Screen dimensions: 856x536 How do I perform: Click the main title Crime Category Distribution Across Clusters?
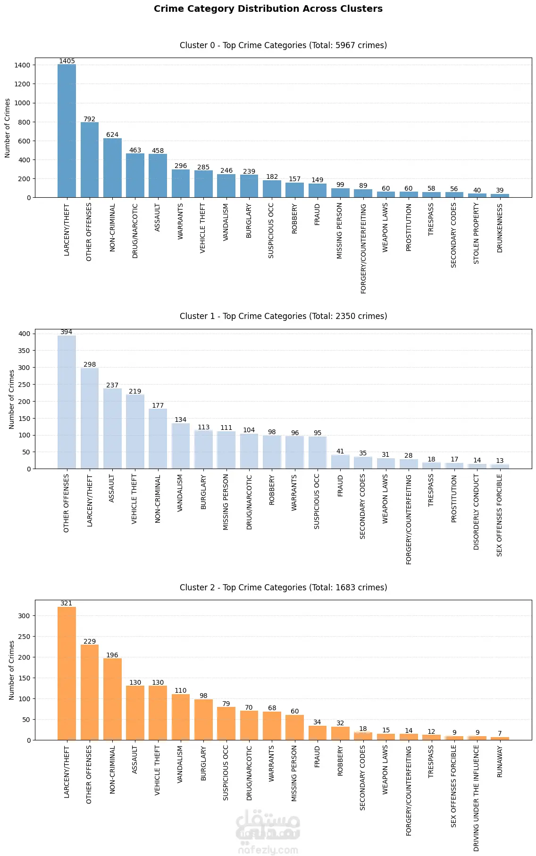(x=268, y=9)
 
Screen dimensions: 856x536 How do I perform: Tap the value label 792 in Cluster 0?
(x=89, y=119)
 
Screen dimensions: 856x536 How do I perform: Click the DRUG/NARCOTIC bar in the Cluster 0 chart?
(x=135, y=175)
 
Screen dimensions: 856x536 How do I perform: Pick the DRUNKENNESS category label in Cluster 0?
(x=500, y=228)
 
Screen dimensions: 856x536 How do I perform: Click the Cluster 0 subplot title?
(x=283, y=45)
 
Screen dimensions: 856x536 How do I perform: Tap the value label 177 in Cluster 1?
(x=158, y=405)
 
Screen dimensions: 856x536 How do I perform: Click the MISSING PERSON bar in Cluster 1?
(x=226, y=450)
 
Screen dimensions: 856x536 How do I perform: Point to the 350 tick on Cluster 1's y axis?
(x=24, y=351)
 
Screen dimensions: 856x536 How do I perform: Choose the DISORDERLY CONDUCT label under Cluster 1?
(x=477, y=512)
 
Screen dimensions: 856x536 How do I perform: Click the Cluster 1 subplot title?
(x=283, y=316)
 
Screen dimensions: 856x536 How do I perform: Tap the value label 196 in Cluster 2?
(x=112, y=655)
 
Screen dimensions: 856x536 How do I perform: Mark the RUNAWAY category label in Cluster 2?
(x=500, y=761)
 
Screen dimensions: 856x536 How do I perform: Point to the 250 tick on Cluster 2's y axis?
(x=24, y=637)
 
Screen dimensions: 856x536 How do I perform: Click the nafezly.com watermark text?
(x=268, y=850)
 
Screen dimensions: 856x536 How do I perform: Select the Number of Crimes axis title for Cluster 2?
(x=12, y=670)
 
